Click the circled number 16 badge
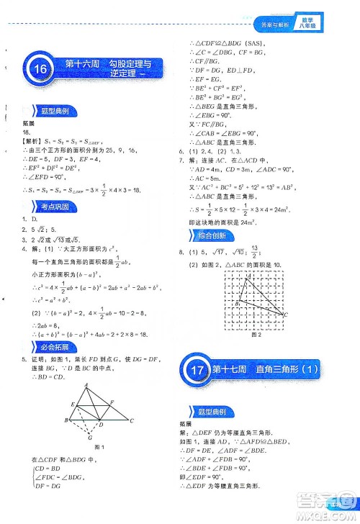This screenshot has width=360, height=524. pyautogui.click(x=38, y=70)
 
